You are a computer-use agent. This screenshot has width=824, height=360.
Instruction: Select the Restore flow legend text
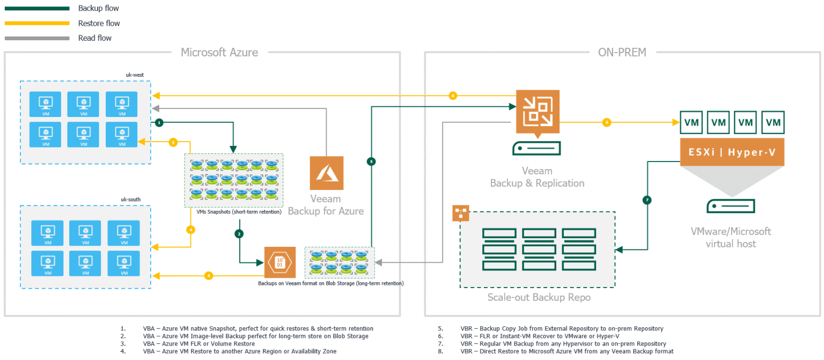pyautogui.click(x=99, y=24)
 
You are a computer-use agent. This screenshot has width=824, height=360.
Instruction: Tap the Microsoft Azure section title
pyautogui.click(x=219, y=53)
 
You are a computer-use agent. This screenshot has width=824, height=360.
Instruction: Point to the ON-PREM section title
pyautogui.click(x=622, y=53)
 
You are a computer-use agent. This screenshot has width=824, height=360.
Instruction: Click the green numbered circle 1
pyautogui.click(x=159, y=123)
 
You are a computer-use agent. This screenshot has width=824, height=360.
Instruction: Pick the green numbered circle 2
pyautogui.click(x=239, y=233)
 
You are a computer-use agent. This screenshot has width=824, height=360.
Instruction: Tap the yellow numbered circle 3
pyautogui.click(x=173, y=142)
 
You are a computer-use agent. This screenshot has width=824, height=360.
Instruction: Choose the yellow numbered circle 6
pyautogui.click(x=607, y=122)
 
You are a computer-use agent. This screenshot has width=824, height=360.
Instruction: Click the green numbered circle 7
pyautogui.click(x=648, y=200)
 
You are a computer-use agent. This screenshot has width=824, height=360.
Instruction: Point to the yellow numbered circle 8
pyautogui.click(x=453, y=96)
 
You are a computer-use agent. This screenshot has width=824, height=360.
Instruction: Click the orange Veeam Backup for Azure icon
pyautogui.click(x=326, y=173)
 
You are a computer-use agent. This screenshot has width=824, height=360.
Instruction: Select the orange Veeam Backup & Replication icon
pyautogui.click(x=537, y=112)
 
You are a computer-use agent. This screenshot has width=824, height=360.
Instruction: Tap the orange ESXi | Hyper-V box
pyautogui.click(x=732, y=152)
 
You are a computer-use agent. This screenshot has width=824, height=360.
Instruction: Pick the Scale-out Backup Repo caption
pyautogui.click(x=539, y=298)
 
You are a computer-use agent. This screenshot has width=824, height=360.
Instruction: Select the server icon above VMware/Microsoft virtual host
pyautogui.click(x=730, y=206)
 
